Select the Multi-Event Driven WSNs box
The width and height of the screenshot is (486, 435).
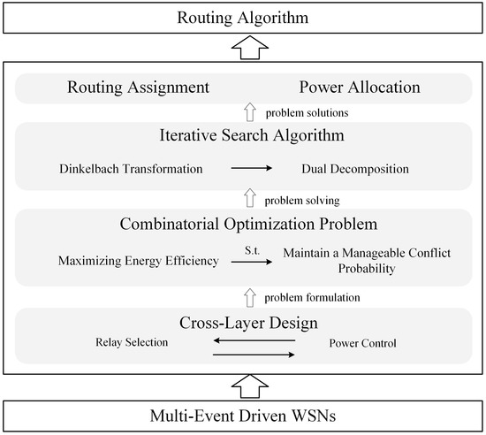pos(243,416)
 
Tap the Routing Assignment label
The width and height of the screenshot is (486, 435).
pos(138,88)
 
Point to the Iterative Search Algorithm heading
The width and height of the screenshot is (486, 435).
pos(243,136)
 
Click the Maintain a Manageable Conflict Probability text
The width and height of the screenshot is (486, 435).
pos(366,259)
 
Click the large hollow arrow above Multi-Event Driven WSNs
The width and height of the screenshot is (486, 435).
pos(243,384)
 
